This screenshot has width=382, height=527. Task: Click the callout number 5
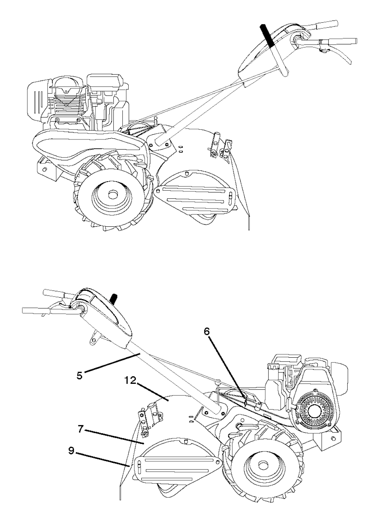coord(79,376)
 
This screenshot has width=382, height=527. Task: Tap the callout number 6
coord(206,332)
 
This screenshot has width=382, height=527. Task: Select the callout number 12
coord(131,381)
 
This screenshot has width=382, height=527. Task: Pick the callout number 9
coord(71,450)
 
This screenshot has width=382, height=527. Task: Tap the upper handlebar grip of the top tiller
coord(325,24)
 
